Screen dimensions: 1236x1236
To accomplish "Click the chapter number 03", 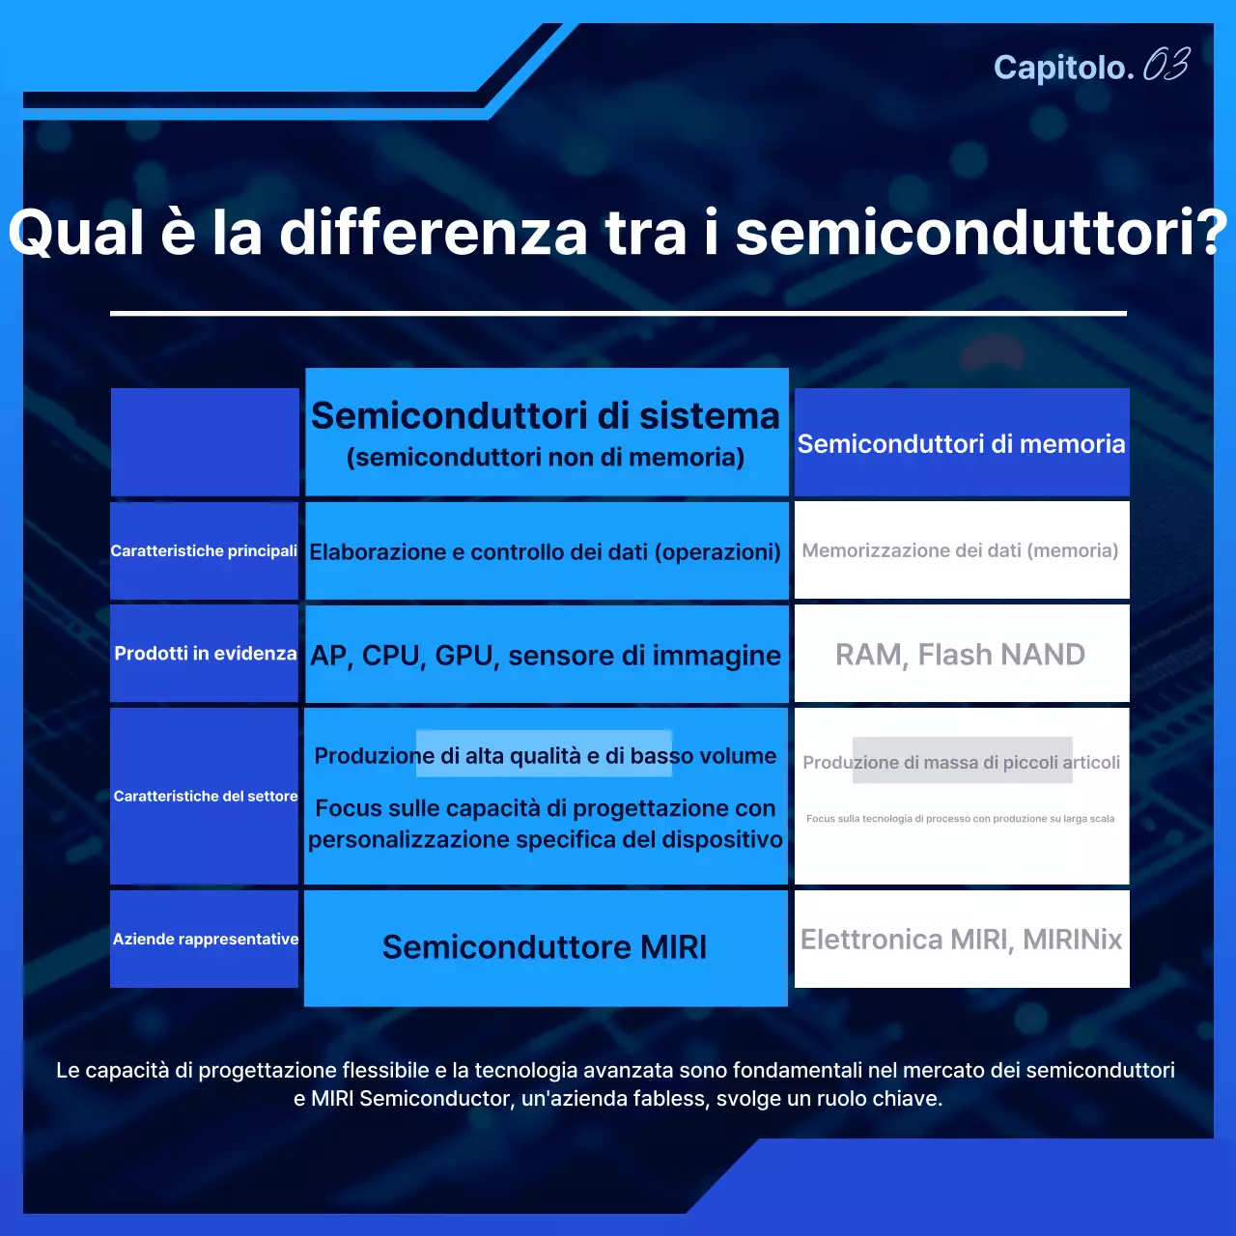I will (x=1166, y=66).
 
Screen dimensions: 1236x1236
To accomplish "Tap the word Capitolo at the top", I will (x=1062, y=68).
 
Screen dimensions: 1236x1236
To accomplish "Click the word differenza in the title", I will (x=433, y=233).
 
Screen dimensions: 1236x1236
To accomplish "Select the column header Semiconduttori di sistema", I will (x=545, y=416).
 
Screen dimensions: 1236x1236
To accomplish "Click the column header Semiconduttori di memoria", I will (x=961, y=444).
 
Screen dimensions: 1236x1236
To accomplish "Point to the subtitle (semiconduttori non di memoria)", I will (x=546, y=458).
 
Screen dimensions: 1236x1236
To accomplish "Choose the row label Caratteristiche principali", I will (x=204, y=551).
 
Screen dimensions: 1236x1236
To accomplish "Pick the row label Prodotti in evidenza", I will (x=205, y=654).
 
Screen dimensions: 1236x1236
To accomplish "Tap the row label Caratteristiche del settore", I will (x=206, y=797).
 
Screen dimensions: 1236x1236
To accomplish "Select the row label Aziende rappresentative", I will (x=206, y=940).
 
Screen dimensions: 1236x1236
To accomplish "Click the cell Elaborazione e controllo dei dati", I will (x=545, y=552).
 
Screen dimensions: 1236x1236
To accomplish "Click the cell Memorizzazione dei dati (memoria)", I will (x=960, y=551).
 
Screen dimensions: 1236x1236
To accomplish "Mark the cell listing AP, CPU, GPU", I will (x=545, y=656).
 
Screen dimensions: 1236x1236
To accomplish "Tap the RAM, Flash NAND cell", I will (x=960, y=655).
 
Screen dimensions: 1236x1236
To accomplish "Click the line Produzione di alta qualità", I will (x=545, y=756).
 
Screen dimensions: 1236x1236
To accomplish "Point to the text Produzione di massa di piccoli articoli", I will (x=961, y=763).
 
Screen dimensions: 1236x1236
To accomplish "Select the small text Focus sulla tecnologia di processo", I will (x=960, y=819).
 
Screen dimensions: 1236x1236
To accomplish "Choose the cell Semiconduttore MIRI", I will (x=545, y=947).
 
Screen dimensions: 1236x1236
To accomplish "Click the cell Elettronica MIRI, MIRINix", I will (x=961, y=940).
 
